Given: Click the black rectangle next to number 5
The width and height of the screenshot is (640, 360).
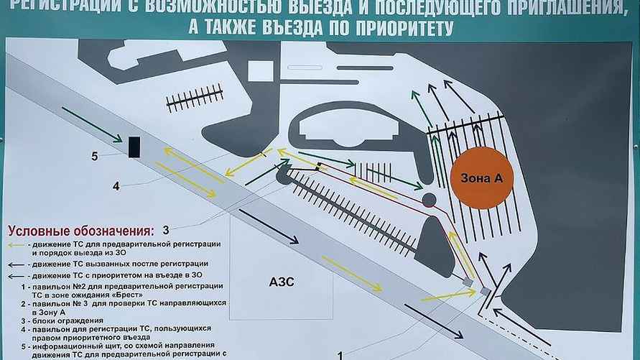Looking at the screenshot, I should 134,146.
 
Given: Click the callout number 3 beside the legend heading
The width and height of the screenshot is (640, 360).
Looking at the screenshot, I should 165,230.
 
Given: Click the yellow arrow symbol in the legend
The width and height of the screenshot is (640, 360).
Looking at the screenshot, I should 16,244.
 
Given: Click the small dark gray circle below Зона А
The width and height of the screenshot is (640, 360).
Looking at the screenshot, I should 429,199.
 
